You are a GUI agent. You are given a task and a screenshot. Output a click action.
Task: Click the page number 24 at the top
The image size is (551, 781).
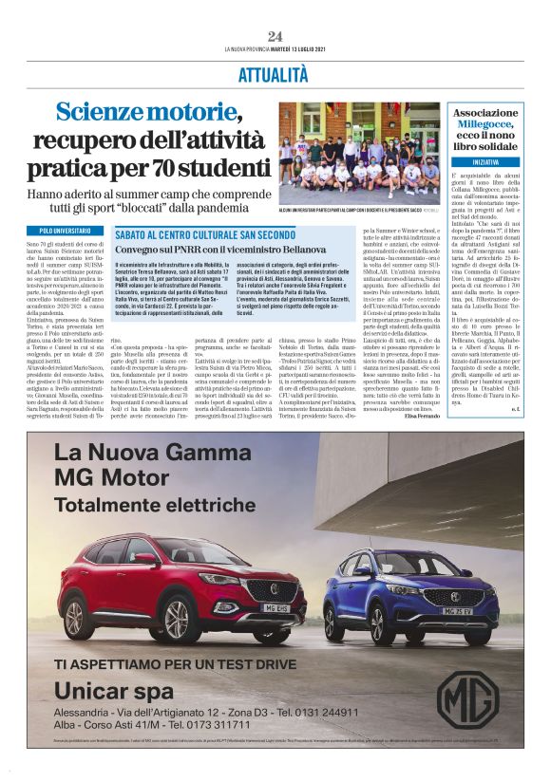[x=275, y=36]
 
